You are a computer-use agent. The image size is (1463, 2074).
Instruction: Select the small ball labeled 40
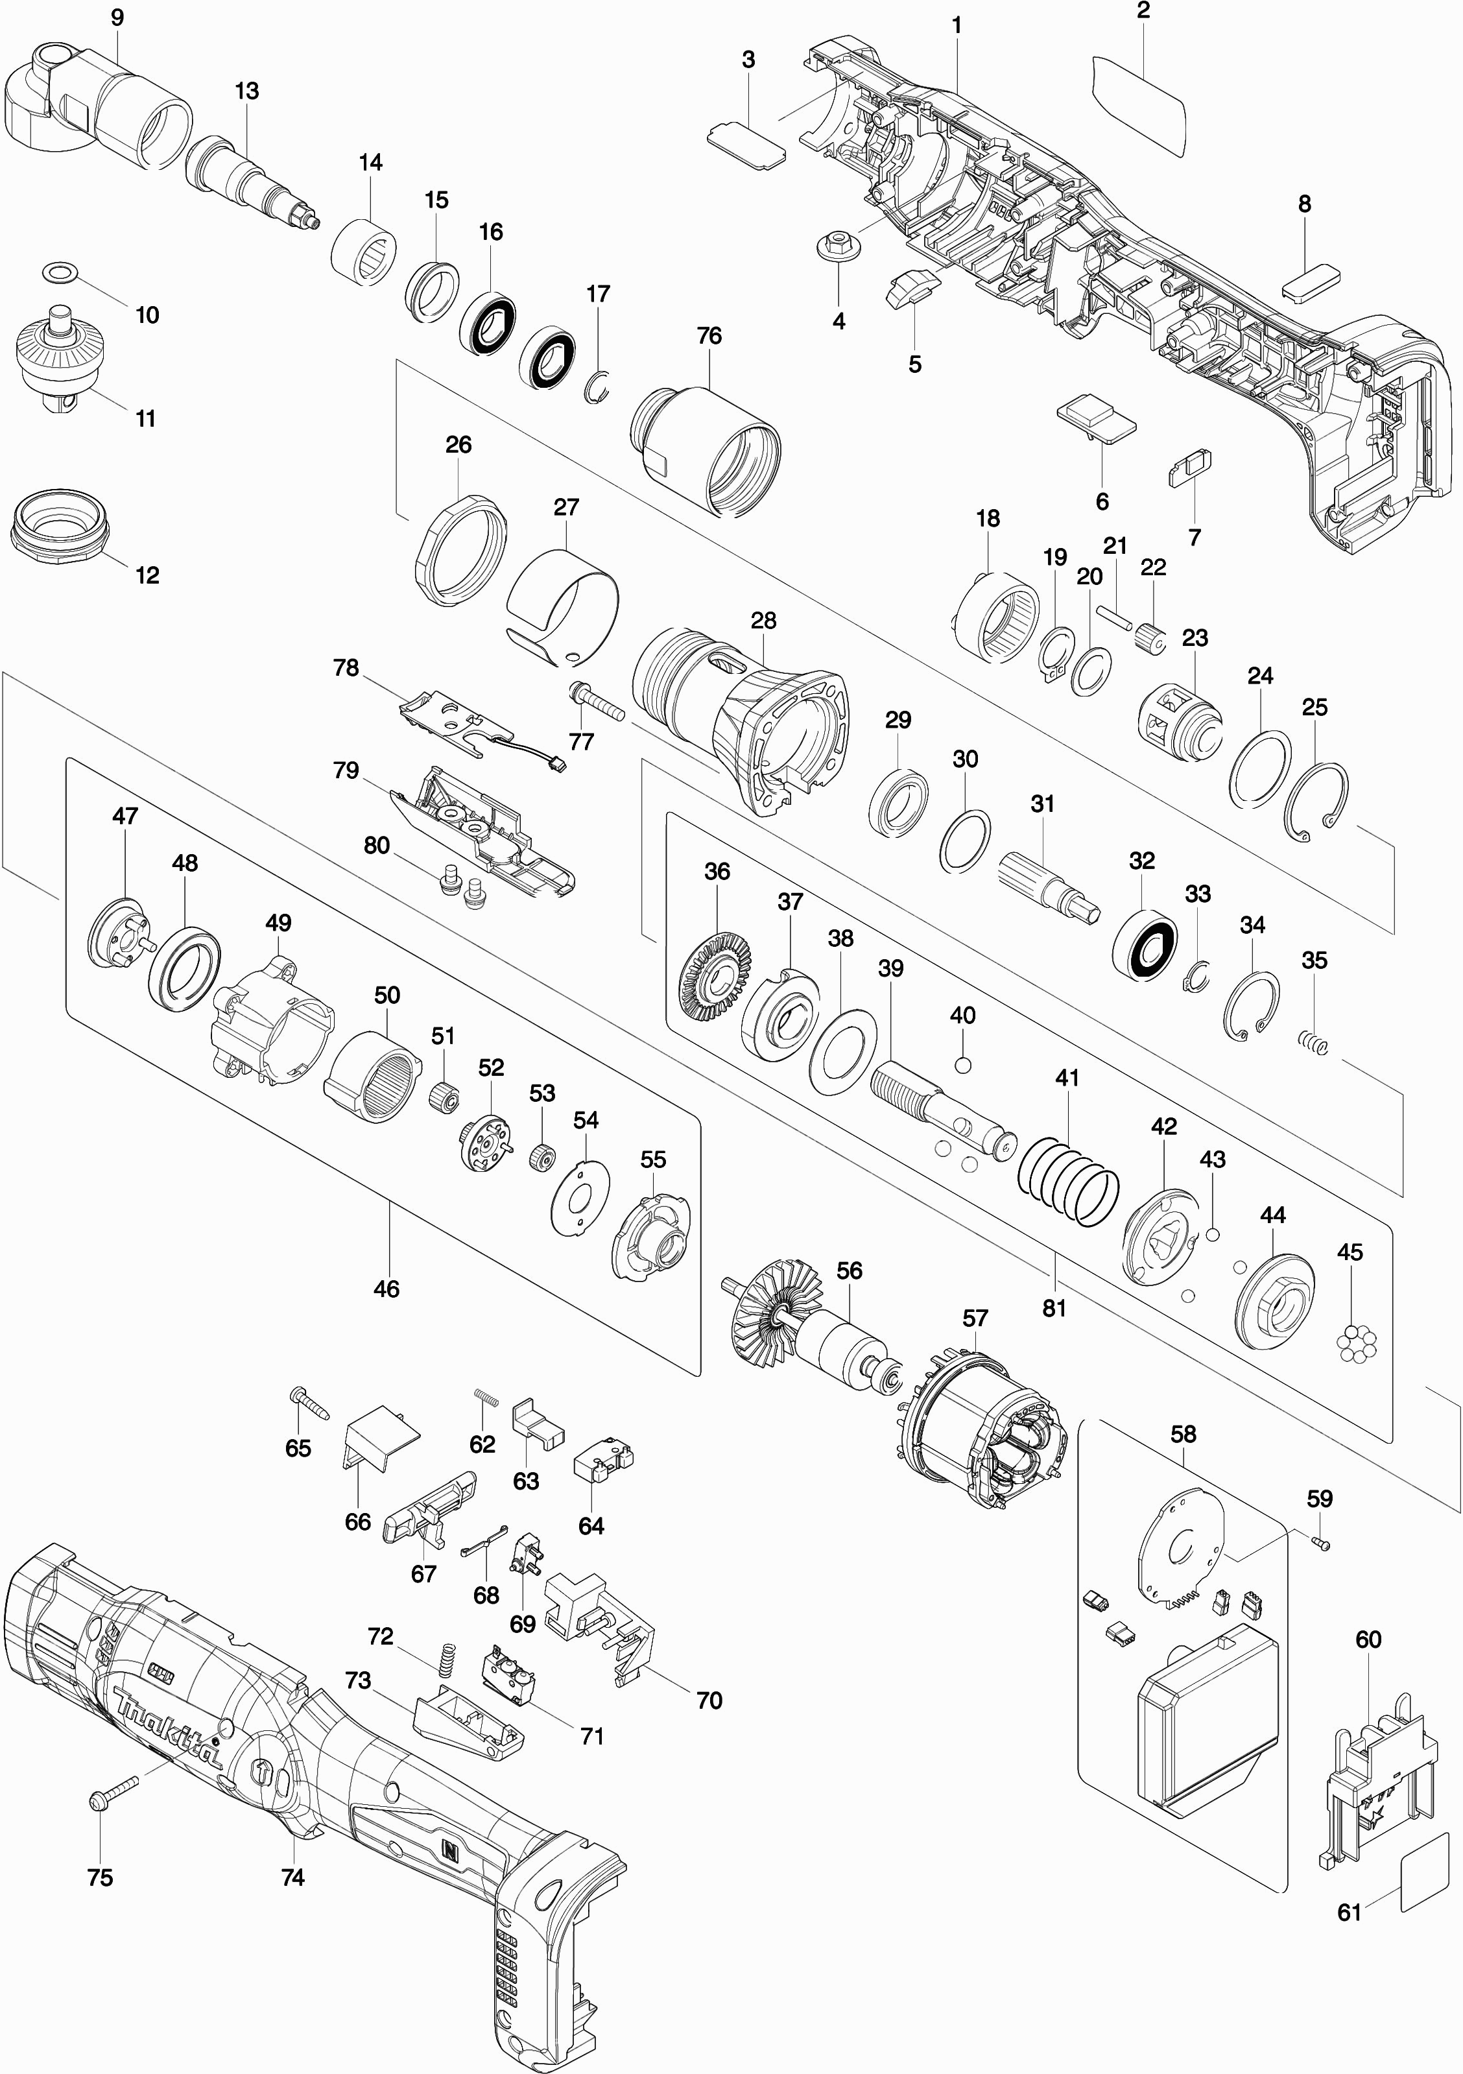click(963, 1064)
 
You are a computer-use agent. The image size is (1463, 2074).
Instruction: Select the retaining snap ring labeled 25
click(1316, 796)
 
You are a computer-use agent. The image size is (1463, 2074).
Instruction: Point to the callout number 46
click(387, 1288)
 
